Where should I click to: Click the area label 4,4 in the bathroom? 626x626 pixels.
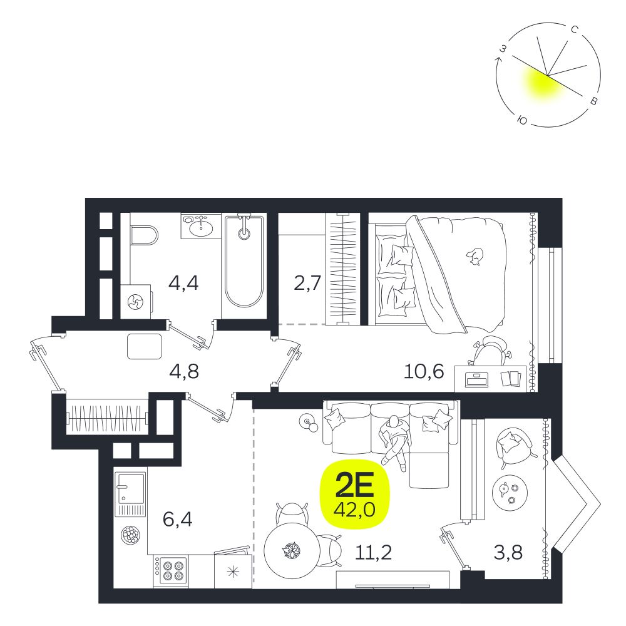click(x=183, y=284)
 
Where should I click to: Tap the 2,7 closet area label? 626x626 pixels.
click(x=307, y=283)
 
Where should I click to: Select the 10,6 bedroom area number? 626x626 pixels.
click(x=424, y=371)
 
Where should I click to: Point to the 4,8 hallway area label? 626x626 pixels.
click(x=183, y=371)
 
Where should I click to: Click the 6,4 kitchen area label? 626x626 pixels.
click(x=178, y=520)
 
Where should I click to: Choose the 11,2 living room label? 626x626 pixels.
click(x=373, y=553)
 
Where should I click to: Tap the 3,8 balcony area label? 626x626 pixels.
click(x=508, y=553)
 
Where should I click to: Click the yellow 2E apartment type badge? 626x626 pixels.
click(x=355, y=495)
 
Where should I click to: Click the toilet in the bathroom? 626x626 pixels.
click(x=144, y=235)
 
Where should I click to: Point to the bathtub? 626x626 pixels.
click(x=244, y=262)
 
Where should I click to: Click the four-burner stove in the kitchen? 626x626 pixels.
click(x=170, y=572)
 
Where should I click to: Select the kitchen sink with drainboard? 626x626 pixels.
click(x=130, y=495)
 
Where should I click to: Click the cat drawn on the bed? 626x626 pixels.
click(x=475, y=256)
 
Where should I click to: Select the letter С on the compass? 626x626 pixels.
click(x=575, y=29)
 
